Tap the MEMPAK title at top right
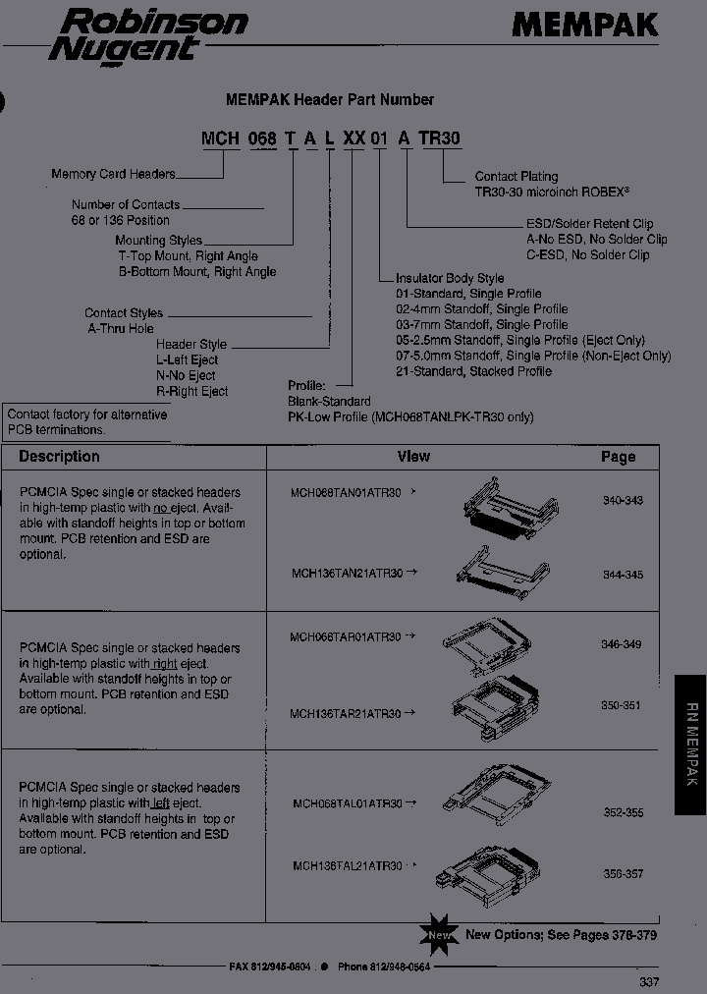[x=584, y=25]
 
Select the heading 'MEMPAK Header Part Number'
[x=330, y=99]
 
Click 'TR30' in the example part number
[x=439, y=138]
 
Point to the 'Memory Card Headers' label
[x=113, y=174]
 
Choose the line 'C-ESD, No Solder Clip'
[x=588, y=254]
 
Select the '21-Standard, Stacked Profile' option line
[x=473, y=371]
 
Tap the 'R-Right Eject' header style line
[x=191, y=391]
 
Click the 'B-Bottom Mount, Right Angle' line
[x=197, y=271]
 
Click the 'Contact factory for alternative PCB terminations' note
[x=86, y=421]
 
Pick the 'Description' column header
[x=59, y=457]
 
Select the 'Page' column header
[x=618, y=457]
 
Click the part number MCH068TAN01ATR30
[x=346, y=493]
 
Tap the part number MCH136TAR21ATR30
[x=345, y=714]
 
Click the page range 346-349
[x=621, y=644]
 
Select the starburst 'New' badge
[x=439, y=934]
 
